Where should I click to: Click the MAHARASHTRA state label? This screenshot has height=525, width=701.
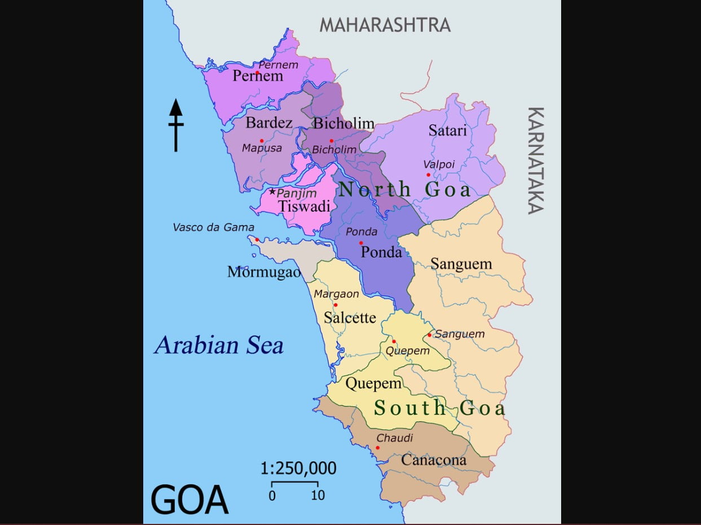[x=385, y=25]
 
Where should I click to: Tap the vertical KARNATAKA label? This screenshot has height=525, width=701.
[x=536, y=161]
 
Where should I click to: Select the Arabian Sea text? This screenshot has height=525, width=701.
[x=219, y=345]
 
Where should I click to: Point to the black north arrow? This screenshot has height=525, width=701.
[x=176, y=125]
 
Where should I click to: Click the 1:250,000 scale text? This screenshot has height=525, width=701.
[x=298, y=468]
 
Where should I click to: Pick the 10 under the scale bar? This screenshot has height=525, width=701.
[x=318, y=495]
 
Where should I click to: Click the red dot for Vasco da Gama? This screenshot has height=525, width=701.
[x=257, y=239]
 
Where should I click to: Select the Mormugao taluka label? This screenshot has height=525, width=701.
[x=264, y=272]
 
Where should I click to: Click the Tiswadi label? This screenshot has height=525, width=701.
[x=305, y=207]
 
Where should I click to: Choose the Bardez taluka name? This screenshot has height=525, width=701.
[x=269, y=122]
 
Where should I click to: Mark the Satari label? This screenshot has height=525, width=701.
[x=448, y=130]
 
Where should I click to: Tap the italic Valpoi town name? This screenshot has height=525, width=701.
[x=438, y=164]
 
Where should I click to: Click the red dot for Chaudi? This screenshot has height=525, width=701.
[x=378, y=448]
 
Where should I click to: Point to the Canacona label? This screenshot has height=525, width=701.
[x=434, y=460]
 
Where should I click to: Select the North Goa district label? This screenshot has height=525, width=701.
[x=404, y=189]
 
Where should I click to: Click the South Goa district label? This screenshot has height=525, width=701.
[x=439, y=408]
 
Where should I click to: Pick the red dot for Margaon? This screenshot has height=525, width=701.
[x=336, y=305]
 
